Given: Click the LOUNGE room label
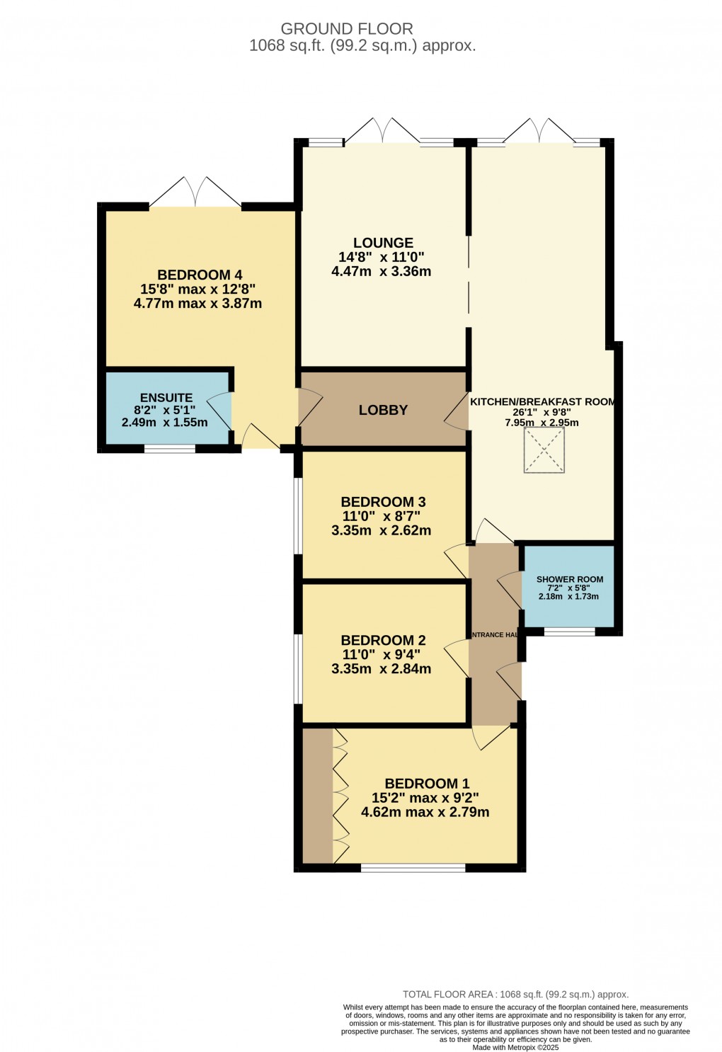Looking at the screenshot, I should [x=383, y=243].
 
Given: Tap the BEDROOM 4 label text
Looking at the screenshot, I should [x=200, y=275].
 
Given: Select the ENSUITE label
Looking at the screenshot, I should [x=166, y=398].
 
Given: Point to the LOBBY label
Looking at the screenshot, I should [x=383, y=410].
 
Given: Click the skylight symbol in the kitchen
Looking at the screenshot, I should [x=544, y=450].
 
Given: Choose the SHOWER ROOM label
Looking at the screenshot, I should [x=569, y=579].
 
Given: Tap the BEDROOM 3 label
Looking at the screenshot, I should [x=383, y=502].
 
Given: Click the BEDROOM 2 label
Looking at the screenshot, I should [x=383, y=640].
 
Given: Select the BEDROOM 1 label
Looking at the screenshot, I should [x=427, y=784].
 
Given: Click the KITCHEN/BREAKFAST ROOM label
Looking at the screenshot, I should [x=542, y=401].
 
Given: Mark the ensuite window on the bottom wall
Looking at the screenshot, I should [x=170, y=448].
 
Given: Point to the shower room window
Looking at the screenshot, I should [x=569, y=631].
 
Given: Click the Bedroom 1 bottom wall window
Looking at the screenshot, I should [x=413, y=868].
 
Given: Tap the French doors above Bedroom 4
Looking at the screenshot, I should [x=195, y=193].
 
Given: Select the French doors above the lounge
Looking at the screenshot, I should [x=382, y=131].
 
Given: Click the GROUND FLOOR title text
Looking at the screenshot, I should [x=347, y=29].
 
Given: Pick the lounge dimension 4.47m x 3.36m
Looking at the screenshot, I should [x=381, y=271].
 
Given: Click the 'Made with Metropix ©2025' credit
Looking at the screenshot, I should [x=515, y=1048].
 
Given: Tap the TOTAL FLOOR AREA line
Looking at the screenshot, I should [x=515, y=994].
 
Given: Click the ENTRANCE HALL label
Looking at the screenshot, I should [x=495, y=635].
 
